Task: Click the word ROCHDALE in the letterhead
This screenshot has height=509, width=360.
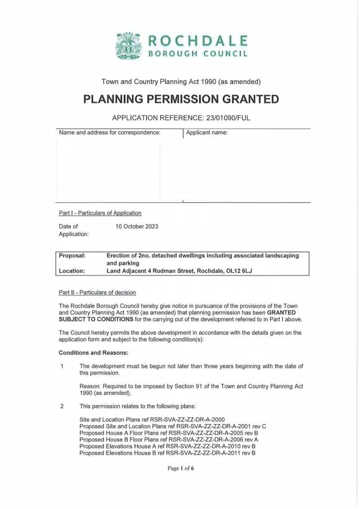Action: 198,40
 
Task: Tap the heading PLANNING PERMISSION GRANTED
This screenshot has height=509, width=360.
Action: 181,99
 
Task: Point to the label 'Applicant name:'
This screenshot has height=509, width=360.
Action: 207,133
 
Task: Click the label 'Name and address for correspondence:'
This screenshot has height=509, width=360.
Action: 109,133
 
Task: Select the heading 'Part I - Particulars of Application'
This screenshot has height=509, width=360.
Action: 100,213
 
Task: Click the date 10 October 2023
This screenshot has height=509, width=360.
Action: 137,227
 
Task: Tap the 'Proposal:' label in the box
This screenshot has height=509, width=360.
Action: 72,255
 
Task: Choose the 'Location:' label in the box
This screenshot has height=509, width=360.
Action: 72,271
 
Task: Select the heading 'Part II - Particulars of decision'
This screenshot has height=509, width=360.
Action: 97,293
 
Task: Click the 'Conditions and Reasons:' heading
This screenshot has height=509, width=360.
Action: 93,353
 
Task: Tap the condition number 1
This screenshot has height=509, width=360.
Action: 62,366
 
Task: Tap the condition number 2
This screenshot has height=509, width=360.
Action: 62,406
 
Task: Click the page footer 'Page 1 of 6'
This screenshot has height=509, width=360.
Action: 180,468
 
